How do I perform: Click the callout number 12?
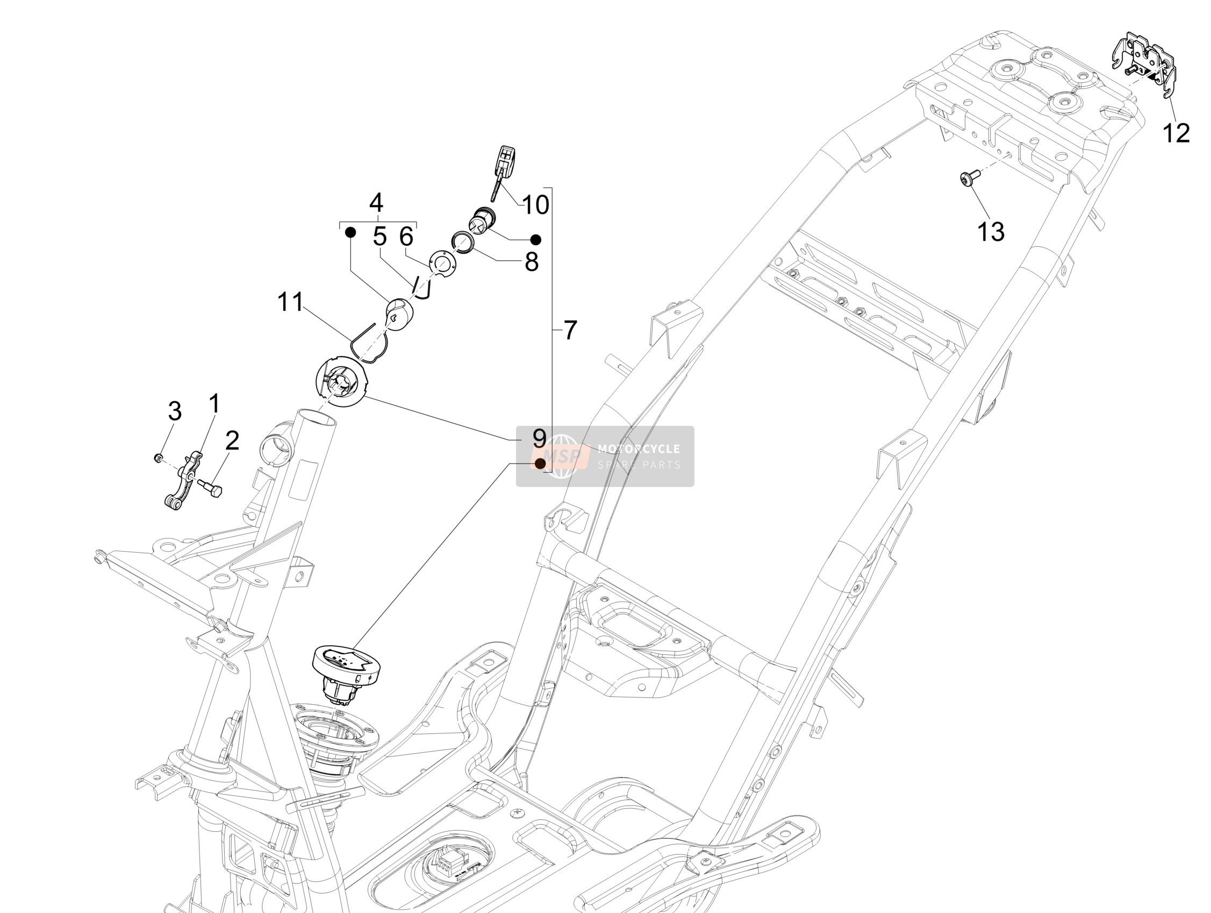1176,133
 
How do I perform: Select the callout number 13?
991,232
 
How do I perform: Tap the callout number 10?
536,205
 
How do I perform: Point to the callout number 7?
570,330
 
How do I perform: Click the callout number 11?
290,302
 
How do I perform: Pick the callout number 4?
376,203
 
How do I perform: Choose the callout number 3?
175,411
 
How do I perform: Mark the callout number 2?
232,440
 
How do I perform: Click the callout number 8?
532,262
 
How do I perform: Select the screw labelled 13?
967,178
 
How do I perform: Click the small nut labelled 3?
157,457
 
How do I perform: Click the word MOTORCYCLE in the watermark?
639,449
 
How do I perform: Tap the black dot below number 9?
540,463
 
